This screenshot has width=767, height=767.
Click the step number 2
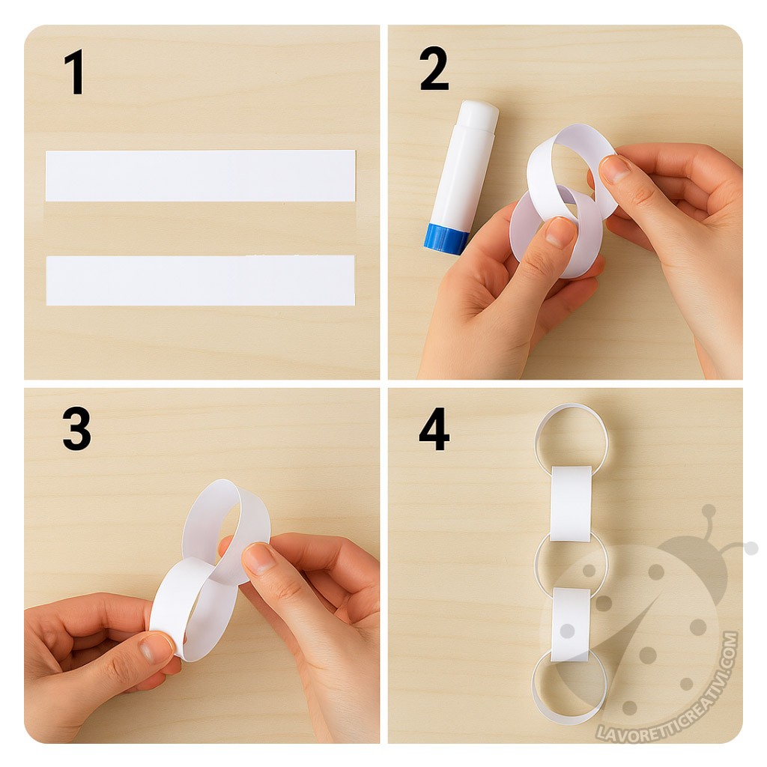(x=434, y=69)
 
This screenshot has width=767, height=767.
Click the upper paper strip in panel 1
(x=201, y=175)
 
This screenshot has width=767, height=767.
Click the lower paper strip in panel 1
(x=201, y=280)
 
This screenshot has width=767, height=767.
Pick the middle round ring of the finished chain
(x=538, y=563)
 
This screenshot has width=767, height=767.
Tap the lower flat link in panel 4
(x=572, y=626)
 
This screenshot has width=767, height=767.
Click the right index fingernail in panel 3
(x=258, y=558)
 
